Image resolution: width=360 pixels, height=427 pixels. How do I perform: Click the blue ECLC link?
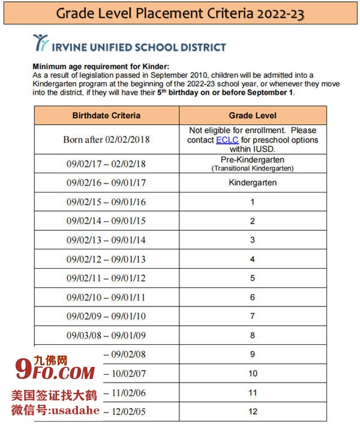(227, 140)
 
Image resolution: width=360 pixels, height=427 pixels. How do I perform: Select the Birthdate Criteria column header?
(106, 115)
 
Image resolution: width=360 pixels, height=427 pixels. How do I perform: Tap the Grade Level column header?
(253, 115)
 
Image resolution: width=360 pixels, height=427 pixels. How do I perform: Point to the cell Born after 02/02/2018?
(106, 139)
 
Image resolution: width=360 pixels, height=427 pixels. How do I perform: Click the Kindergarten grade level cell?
(253, 182)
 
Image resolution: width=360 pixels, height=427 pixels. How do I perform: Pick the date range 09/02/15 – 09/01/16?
(106, 202)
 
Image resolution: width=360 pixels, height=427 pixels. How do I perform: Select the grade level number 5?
(253, 278)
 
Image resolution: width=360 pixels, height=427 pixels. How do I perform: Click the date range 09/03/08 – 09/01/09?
(106, 335)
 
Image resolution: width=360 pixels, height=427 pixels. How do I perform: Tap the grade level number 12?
(253, 411)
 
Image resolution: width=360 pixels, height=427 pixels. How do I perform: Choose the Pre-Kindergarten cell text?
(253, 160)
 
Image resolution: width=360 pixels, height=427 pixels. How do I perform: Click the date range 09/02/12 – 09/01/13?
(106, 259)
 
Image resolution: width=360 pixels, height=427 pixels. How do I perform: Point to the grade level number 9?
(253, 354)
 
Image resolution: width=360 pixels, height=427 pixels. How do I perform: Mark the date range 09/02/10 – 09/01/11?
(106, 297)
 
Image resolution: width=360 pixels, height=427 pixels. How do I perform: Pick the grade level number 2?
(253, 221)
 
